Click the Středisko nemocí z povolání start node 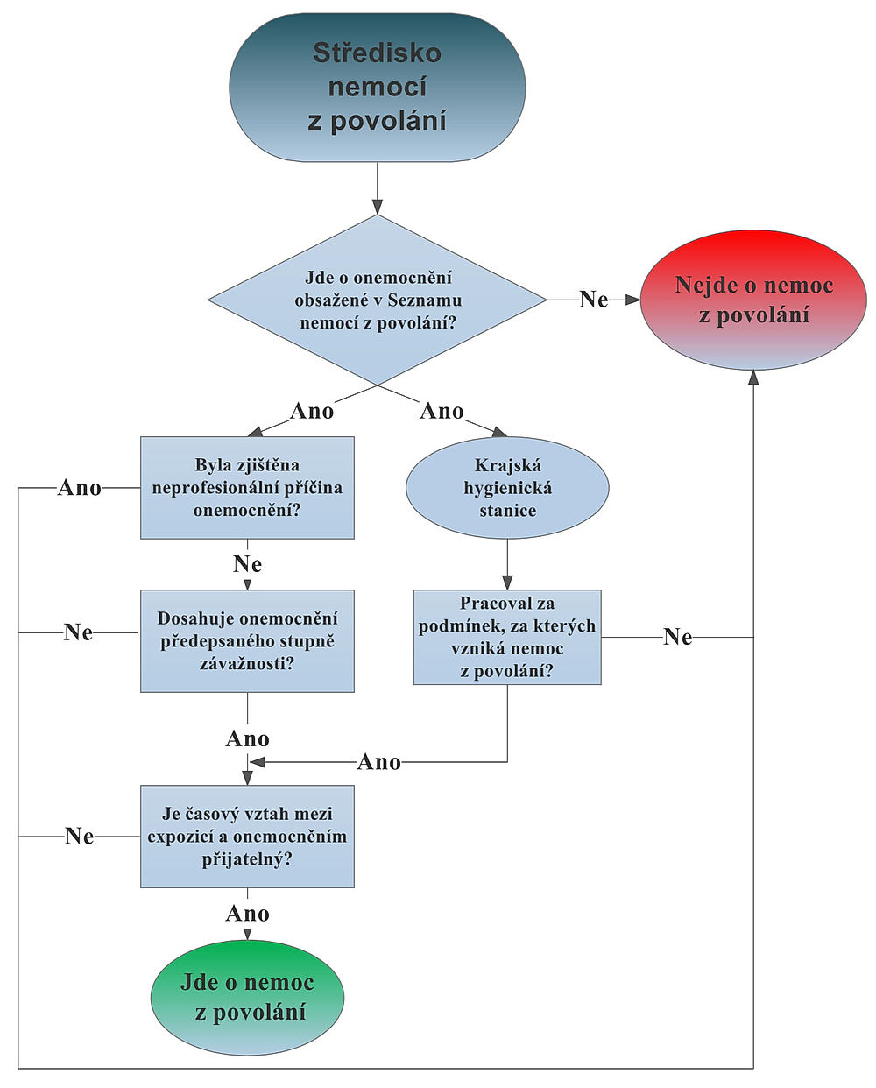(x=377, y=88)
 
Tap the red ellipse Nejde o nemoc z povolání (x=753, y=300)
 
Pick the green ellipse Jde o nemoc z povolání (x=247, y=997)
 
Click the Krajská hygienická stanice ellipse (x=507, y=488)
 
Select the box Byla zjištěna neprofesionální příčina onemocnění (x=247, y=487)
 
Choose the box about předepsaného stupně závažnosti (x=247, y=640)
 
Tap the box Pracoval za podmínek (x=507, y=637)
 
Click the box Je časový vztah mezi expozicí (x=247, y=837)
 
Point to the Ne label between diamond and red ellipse (x=594, y=300)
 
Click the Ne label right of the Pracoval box (x=678, y=637)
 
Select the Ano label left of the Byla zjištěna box (x=80, y=488)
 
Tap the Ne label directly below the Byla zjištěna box (x=248, y=564)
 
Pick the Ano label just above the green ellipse (x=248, y=914)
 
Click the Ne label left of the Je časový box (x=80, y=837)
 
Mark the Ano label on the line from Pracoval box (x=379, y=762)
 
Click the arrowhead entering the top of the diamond (x=377, y=208)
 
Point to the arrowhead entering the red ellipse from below (x=753, y=377)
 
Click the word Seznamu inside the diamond (x=425, y=300)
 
